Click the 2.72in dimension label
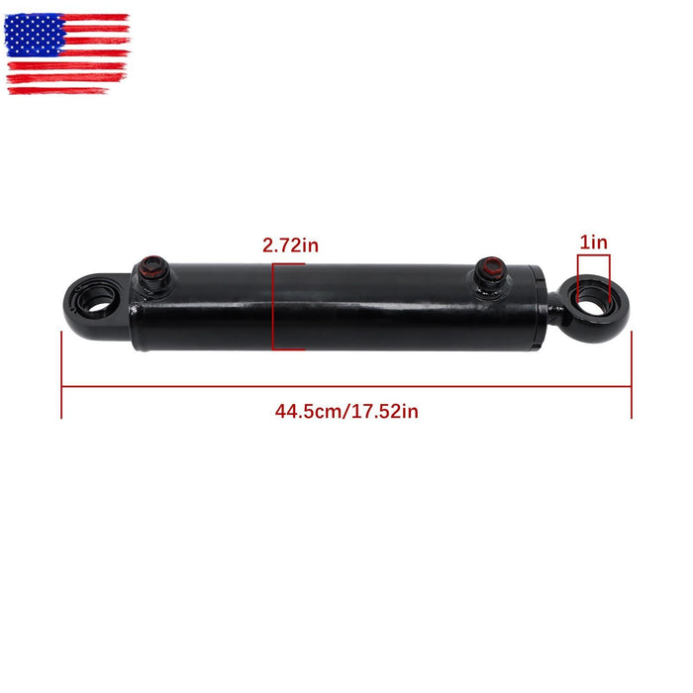tap(291, 244)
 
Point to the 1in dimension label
tap(594, 243)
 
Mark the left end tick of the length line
tap(61, 376)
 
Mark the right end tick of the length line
tap(632, 376)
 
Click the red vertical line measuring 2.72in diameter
tap(274, 307)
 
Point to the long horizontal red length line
tap(346, 387)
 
